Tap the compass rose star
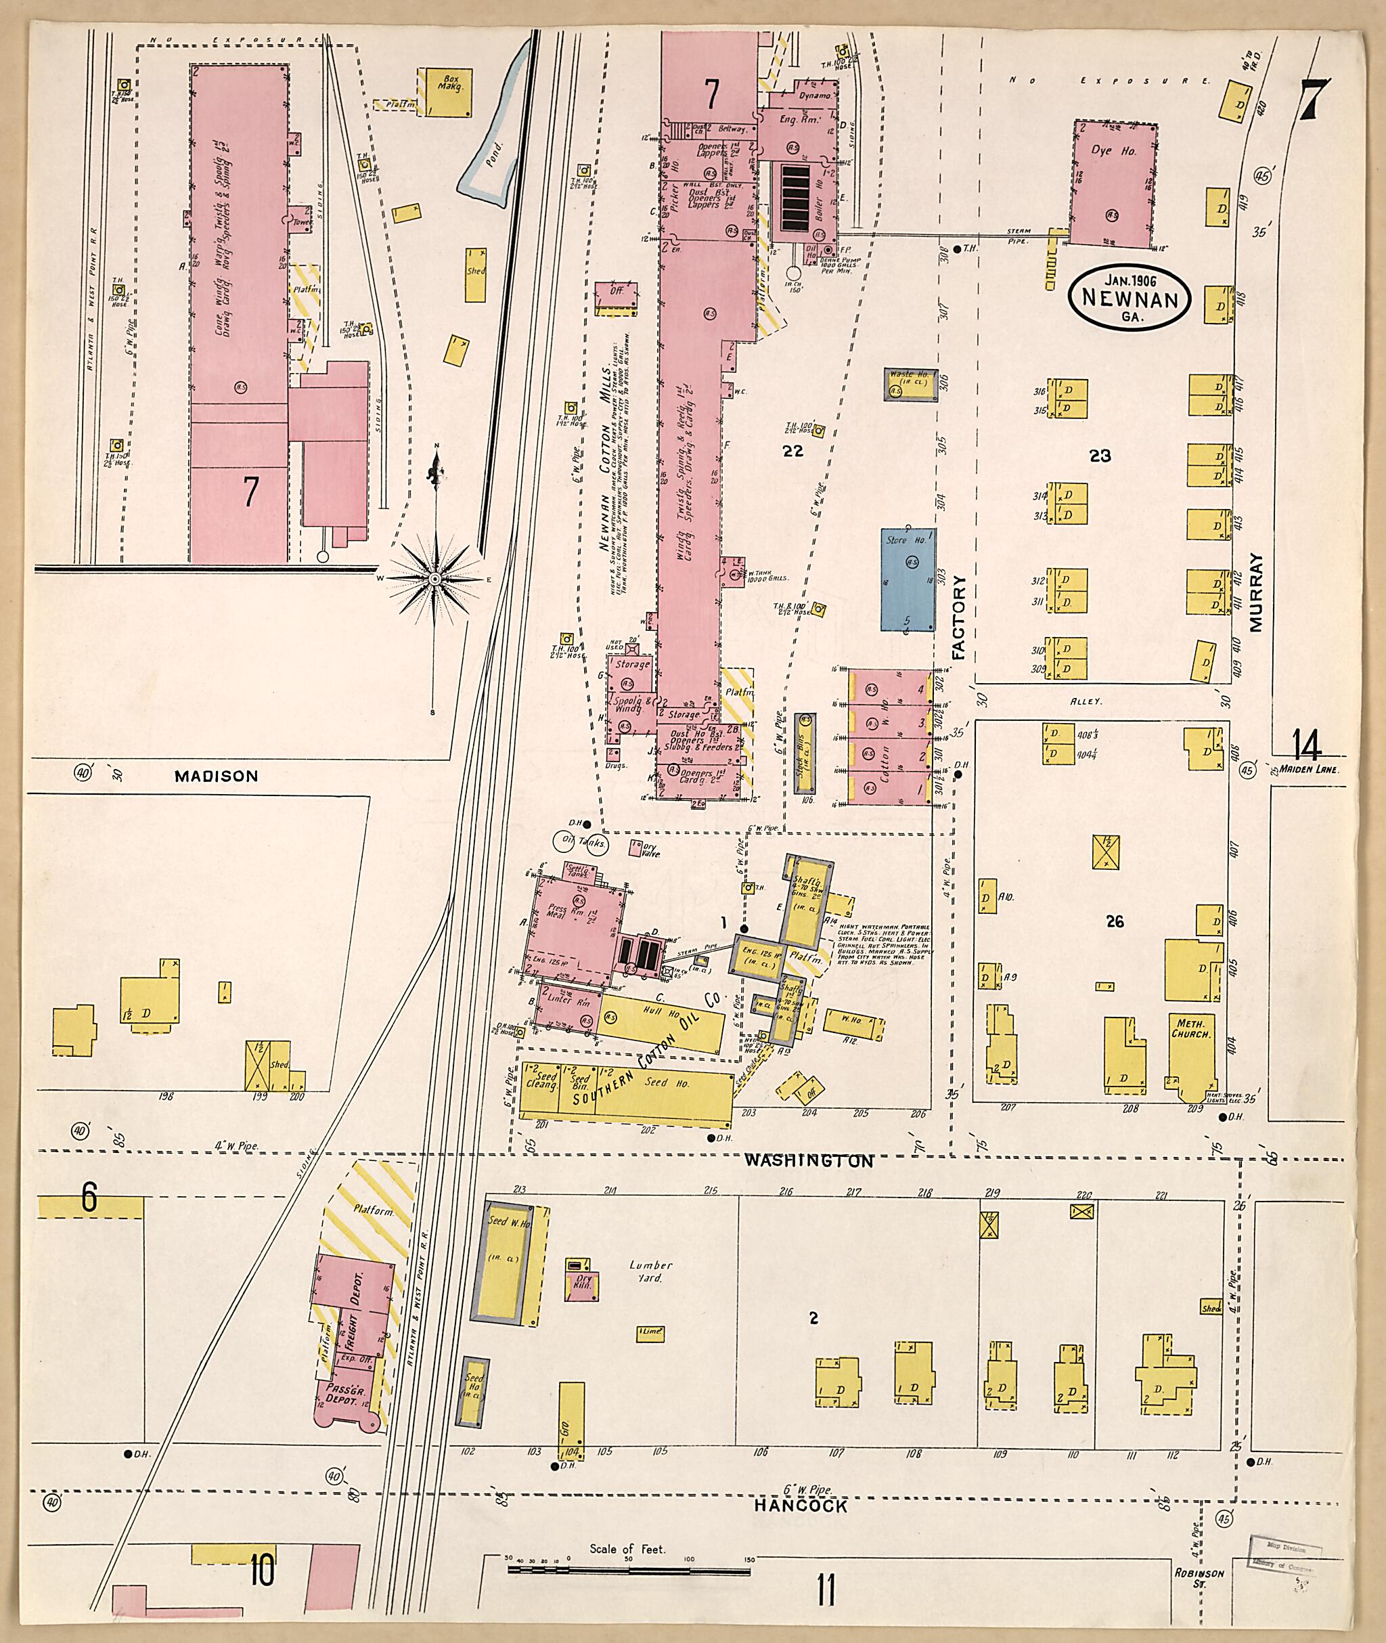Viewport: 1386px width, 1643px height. tap(434, 579)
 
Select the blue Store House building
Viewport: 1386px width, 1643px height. tap(908, 579)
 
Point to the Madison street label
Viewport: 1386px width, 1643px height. tap(216, 776)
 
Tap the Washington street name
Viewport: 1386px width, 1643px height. tap(809, 1160)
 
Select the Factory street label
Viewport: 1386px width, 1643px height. tap(958, 617)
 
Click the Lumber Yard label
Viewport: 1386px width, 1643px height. tap(650, 1271)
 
